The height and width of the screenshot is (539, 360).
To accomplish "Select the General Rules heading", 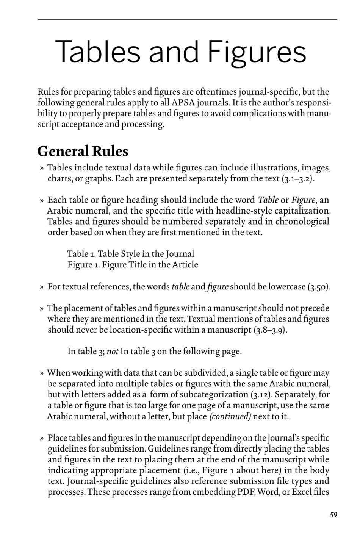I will pyautogui.click(x=83, y=151).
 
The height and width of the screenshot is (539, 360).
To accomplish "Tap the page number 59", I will pyautogui.click(x=333, y=515).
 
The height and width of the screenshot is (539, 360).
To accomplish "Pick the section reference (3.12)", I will pyautogui.click(x=261, y=395).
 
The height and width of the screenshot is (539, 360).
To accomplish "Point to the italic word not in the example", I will pyautogui.click(x=113, y=352).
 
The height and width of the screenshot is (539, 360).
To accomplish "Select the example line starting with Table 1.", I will pyautogui.click(x=131, y=254).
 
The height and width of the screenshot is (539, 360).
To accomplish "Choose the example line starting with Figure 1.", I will pyautogui.click(x=133, y=264).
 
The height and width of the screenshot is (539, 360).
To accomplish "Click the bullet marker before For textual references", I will pyautogui.click(x=42, y=287).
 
